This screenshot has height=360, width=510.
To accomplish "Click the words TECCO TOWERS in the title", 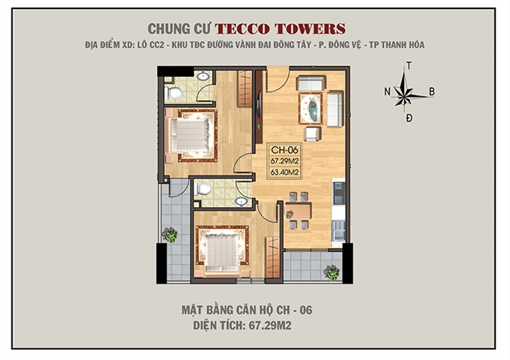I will pyautogui.click(x=280, y=28).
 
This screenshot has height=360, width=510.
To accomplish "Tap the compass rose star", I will pyautogui.click(x=405, y=94).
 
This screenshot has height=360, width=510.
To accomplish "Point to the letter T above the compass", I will pyautogui.click(x=408, y=67).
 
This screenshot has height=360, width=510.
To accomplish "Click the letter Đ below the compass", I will pyautogui.click(x=408, y=119).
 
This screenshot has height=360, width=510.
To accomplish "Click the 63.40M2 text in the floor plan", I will pyautogui.click(x=285, y=172).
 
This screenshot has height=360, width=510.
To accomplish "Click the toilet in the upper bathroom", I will pyautogui.click(x=174, y=92).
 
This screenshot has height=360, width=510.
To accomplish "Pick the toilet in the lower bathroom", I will pyautogui.click(x=203, y=189).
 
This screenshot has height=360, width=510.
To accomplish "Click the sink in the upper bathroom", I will pyautogui.click(x=202, y=76).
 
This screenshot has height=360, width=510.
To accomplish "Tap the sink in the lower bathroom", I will pyautogui.click(x=241, y=201).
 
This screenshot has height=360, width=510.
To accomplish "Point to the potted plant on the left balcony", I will pyautogui.click(x=170, y=235).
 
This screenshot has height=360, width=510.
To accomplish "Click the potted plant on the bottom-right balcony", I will pyautogui.click(x=331, y=271).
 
